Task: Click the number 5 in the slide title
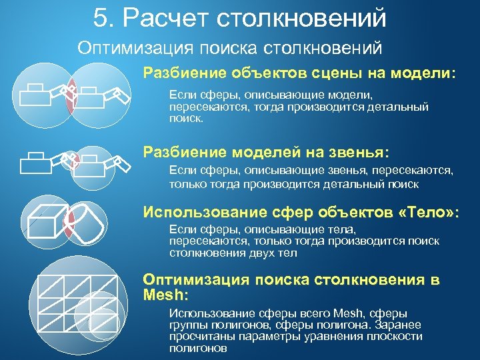[x=101, y=18]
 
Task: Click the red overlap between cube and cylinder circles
[x=69, y=221]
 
